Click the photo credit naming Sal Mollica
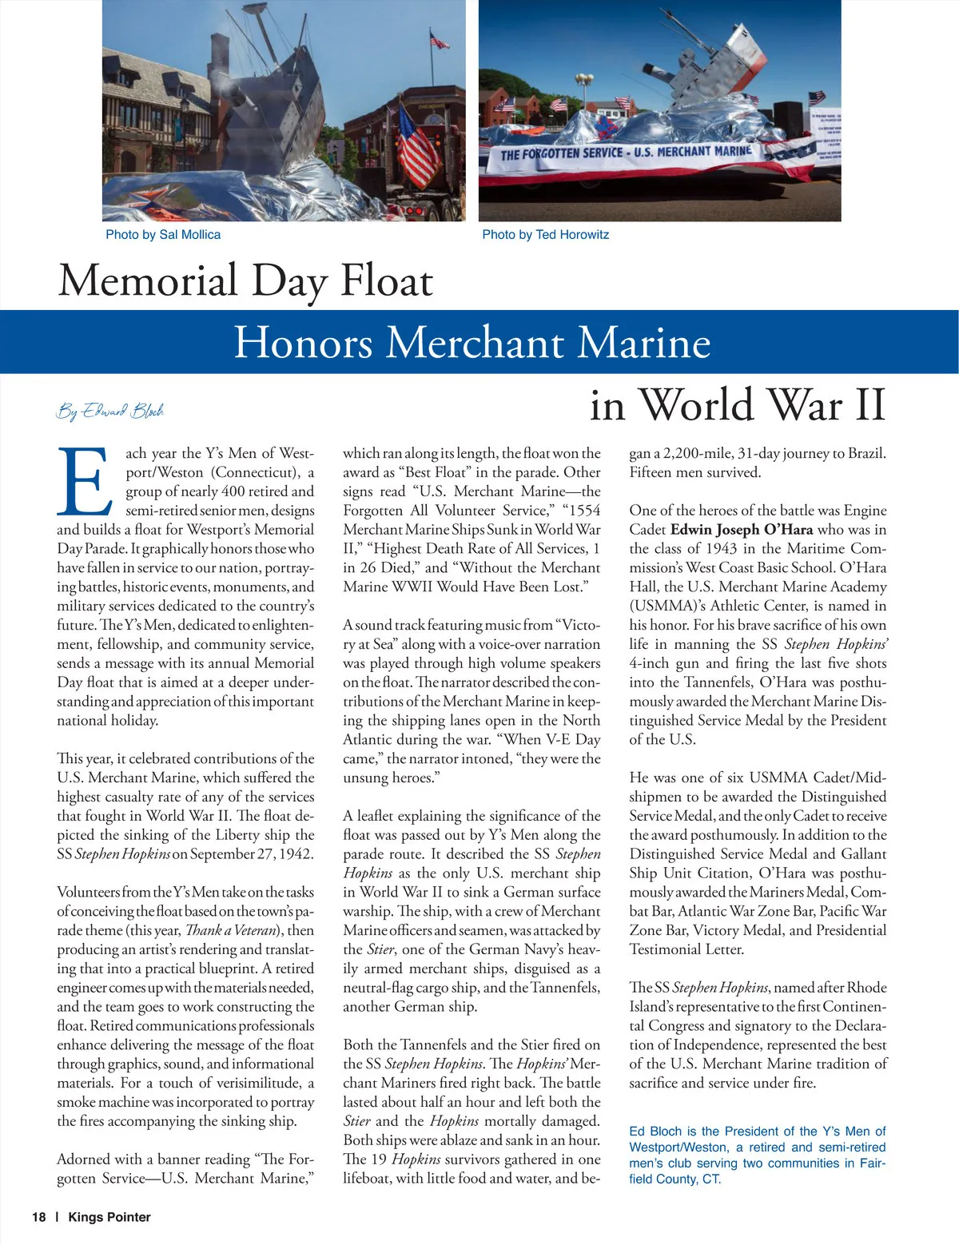pos(163,235)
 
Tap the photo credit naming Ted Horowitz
pos(545,235)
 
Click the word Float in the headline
pos(387,281)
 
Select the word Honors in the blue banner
pos(304,343)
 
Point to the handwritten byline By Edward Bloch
pos(110,411)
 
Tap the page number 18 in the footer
pos(39,1217)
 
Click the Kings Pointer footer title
pos(109,1217)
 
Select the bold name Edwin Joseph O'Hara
pos(742,530)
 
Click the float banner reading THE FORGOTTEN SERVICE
pos(626,152)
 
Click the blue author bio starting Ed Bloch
pos(757,1155)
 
